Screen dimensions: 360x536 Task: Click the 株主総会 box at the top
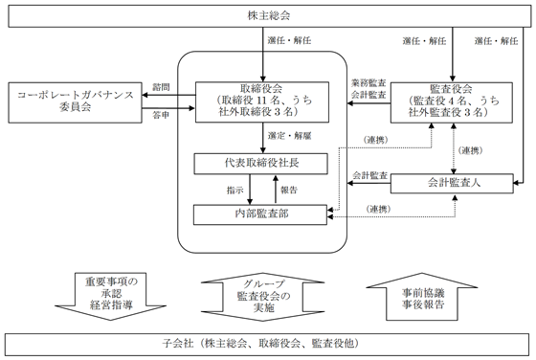[x=267, y=14]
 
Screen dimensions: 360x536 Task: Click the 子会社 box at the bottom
[x=267, y=342]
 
